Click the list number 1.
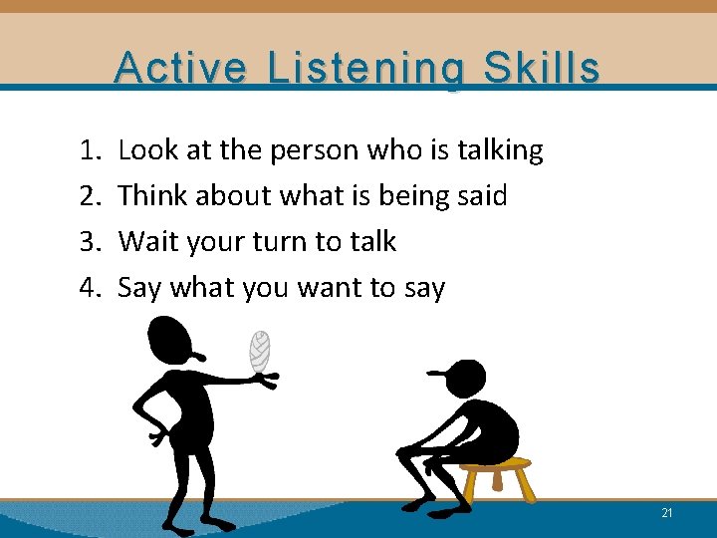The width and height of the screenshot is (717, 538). (x=88, y=150)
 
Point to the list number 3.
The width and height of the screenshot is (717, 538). (x=88, y=242)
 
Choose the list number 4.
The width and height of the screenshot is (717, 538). (x=88, y=288)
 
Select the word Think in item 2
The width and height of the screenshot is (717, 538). (x=152, y=196)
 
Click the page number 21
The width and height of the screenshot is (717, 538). (x=666, y=512)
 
